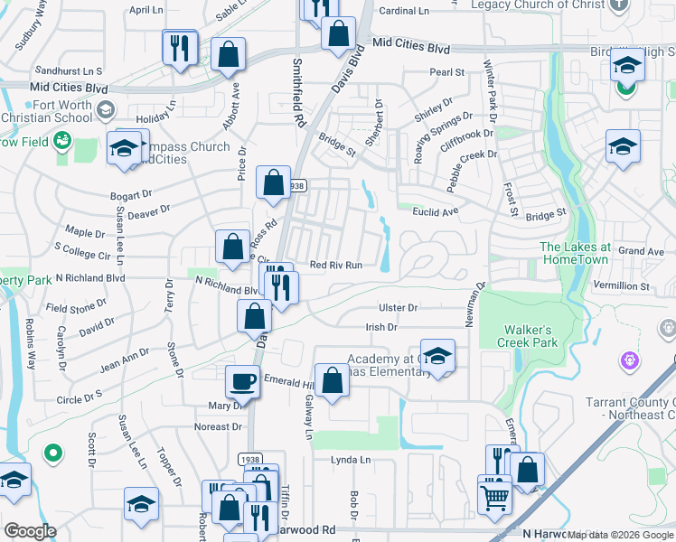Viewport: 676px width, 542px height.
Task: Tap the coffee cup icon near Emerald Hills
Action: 241,381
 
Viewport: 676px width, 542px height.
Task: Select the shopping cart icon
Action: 494,495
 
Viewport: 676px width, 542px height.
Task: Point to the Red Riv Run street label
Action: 336,266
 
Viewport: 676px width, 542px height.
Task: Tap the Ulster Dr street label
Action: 398,308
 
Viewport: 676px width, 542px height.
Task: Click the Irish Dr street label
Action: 380,328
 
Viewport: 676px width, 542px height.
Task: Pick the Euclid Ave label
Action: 437,211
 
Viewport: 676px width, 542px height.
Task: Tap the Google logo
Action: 30,530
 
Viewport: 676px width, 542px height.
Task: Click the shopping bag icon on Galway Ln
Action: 332,379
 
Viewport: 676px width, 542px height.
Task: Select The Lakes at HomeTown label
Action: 576,252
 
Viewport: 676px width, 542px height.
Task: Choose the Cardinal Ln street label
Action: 404,11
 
